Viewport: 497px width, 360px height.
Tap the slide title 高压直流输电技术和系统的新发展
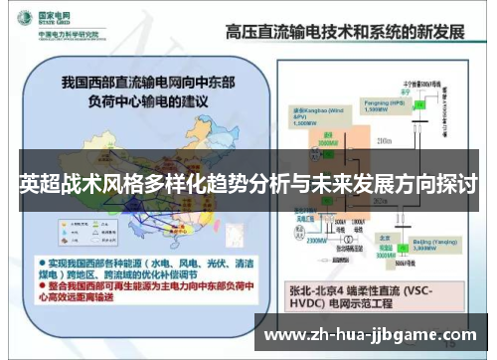(345, 29)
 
